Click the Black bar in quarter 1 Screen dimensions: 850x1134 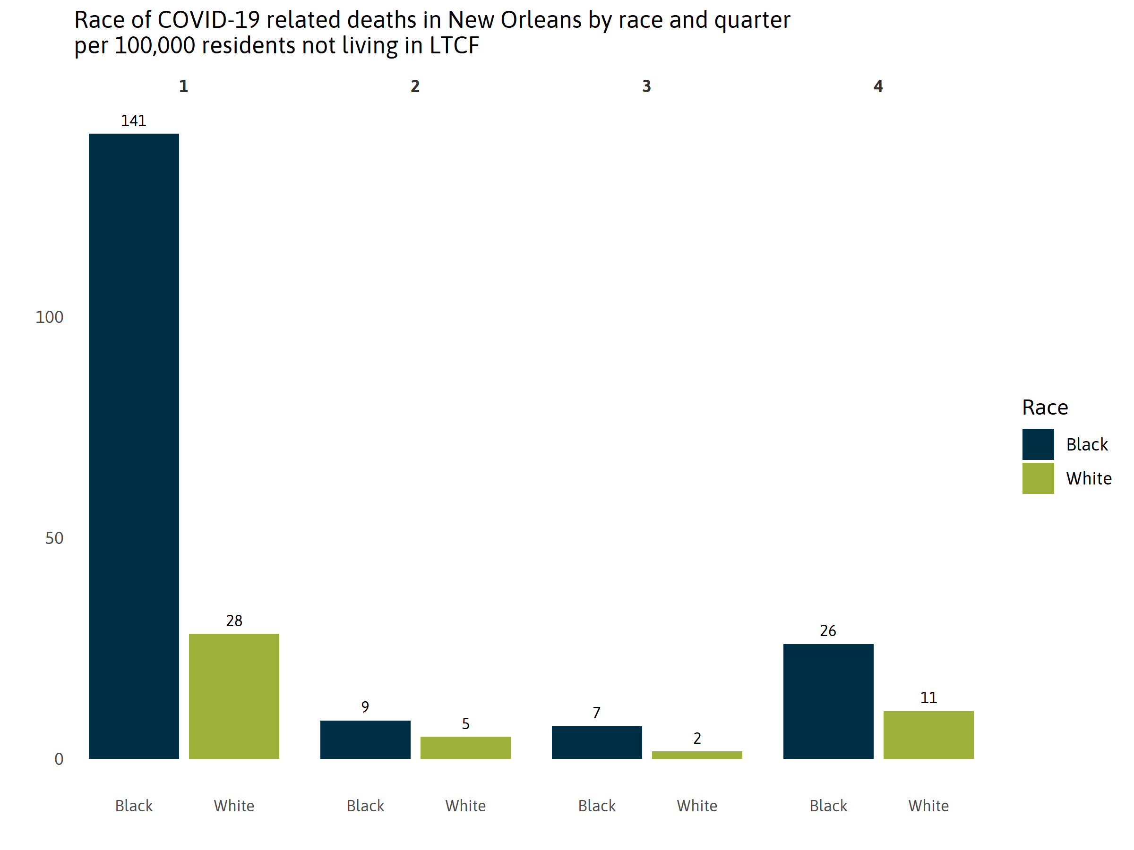coord(134,446)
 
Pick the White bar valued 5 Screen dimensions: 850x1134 coord(465,748)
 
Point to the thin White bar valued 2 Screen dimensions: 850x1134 coord(697,755)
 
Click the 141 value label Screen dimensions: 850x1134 coord(133,121)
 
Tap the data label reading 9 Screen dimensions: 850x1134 coord(365,707)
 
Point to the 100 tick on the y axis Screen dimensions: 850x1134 coord(49,317)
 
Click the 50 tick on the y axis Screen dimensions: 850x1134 coord(54,538)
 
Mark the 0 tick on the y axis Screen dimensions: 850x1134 coord(59,759)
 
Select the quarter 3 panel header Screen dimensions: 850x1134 coord(646,86)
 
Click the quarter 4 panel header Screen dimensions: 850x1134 coord(878,86)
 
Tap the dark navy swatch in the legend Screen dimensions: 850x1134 coord(1038,444)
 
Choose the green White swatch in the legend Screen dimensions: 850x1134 coord(1038,478)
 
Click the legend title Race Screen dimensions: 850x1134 coord(1045,408)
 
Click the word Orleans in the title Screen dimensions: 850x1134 coord(541,20)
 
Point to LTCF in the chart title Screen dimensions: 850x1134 coord(454,46)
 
